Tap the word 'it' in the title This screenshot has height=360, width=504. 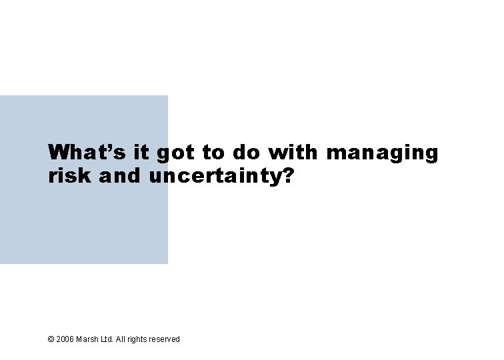(141, 153)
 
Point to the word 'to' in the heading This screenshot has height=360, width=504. (213, 153)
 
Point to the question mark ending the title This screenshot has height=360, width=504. (287, 177)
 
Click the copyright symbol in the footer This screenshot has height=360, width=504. (51, 339)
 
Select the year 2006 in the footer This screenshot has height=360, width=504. (65, 339)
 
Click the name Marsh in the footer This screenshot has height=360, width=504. (87, 339)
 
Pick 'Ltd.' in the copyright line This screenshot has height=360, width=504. (107, 339)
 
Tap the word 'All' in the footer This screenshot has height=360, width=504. (121, 339)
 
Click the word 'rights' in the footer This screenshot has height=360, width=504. (138, 339)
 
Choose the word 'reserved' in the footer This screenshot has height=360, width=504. (165, 339)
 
